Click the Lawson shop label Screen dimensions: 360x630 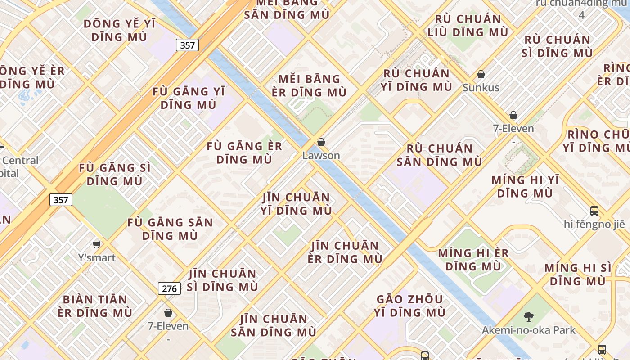coord(321,156)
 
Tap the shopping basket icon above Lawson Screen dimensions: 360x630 coord(321,143)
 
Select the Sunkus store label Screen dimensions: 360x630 coord(481,88)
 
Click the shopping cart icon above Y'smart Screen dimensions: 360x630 coord(96,245)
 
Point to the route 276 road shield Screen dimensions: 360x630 coord(169,288)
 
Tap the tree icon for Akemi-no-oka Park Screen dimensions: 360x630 coord(529,317)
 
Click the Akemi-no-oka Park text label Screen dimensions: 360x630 coord(528,330)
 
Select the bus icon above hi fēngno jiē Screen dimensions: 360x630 coord(594,211)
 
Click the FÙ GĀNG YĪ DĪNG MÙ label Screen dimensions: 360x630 coord(189,98)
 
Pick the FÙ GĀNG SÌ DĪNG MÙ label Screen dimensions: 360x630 coord(115,175)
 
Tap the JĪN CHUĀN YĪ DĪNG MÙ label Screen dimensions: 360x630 coord(297,204)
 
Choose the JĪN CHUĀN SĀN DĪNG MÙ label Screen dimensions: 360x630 coord(274,326)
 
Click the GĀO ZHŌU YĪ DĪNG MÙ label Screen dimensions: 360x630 coord(409,306)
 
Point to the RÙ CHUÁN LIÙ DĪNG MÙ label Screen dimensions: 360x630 coord(468,26)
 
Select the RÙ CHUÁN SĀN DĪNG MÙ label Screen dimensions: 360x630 coord(439,155)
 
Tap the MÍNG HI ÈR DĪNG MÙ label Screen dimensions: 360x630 coord(473,260)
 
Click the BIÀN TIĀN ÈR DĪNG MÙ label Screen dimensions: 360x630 coord(95,306)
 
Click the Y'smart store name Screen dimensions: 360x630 coord(97,258)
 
